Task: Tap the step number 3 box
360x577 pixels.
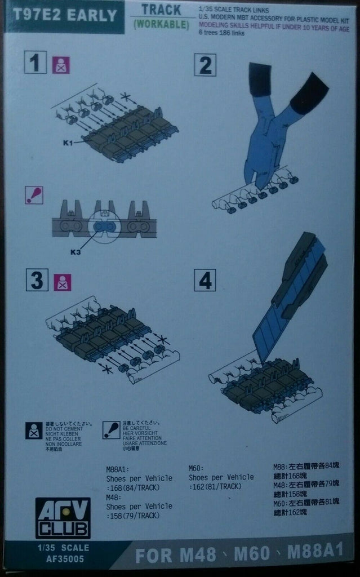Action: (x=36, y=281)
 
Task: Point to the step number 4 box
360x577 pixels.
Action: (x=205, y=280)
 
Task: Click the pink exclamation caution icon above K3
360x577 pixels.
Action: (x=35, y=194)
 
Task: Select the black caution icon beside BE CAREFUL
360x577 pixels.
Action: (x=112, y=430)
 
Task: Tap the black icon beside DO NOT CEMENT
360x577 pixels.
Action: (x=34, y=430)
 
